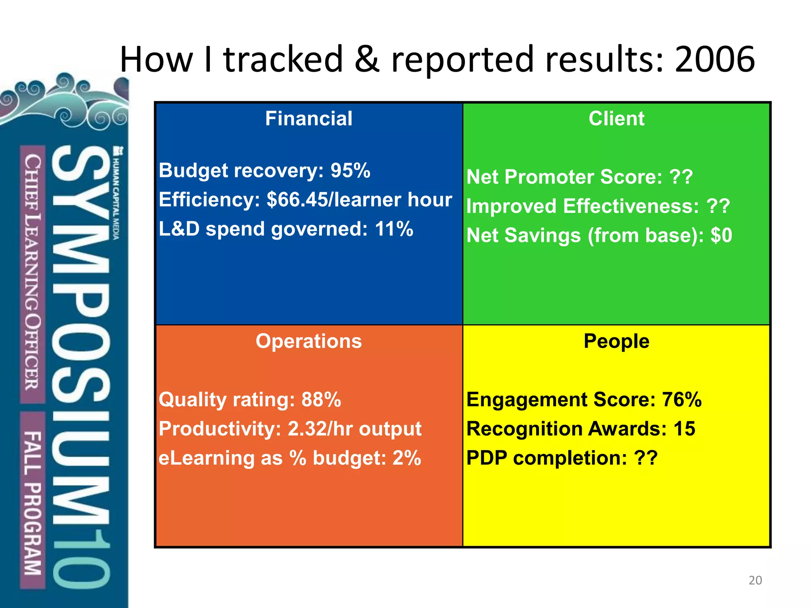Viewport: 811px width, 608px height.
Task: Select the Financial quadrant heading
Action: click(x=308, y=118)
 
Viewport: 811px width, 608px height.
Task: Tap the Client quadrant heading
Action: click(x=616, y=118)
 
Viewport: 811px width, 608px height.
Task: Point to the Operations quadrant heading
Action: click(x=308, y=341)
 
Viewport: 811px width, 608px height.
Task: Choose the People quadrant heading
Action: click(x=616, y=341)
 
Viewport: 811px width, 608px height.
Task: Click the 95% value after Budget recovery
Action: click(x=350, y=171)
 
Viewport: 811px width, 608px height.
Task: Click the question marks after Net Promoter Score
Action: click(x=681, y=177)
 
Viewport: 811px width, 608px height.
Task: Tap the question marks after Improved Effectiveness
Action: click(x=718, y=206)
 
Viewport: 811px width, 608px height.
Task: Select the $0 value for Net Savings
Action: click(x=721, y=235)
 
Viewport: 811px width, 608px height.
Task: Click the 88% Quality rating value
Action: click(x=321, y=399)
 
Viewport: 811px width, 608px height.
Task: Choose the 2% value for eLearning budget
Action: click(x=406, y=458)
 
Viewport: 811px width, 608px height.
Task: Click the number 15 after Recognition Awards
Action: click(x=684, y=429)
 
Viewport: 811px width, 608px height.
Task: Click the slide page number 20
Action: click(x=755, y=580)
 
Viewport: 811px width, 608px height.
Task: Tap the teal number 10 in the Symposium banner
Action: click(x=81, y=558)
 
